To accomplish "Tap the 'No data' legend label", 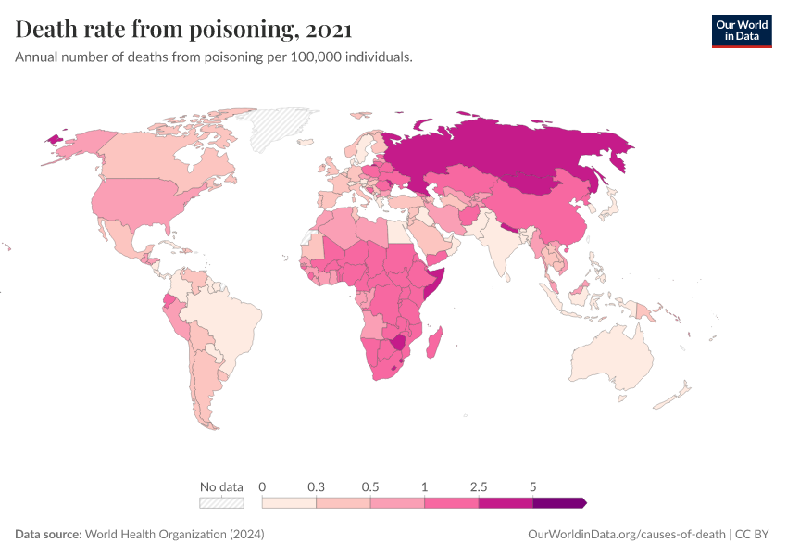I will pos(221,486).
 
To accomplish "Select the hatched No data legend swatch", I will pos(221,502).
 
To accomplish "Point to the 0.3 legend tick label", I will pos(317,486).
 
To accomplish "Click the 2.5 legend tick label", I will pos(479,486).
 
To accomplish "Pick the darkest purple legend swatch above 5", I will pos(559,502).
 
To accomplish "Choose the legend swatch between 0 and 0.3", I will pos(289,502).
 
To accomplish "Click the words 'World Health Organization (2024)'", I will pos(175,535).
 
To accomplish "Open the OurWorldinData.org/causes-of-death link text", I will pos(626,535).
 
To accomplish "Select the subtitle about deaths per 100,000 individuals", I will pos(214,57).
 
